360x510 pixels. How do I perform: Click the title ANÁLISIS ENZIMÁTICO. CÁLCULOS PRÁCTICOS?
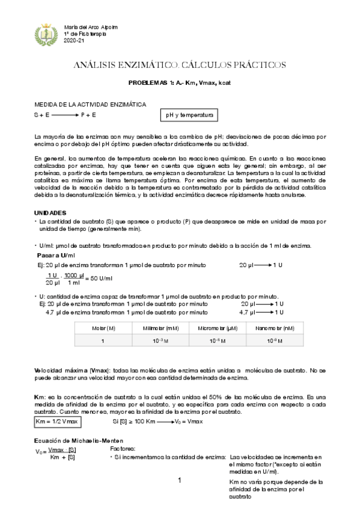pos(180,64)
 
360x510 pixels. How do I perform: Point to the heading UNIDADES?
pos(50,213)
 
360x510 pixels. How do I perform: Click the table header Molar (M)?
pos(103,328)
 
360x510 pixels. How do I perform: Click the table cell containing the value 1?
pos(103,341)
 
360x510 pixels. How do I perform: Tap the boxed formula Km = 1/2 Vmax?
pos(58,422)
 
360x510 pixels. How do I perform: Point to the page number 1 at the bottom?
pos(180,481)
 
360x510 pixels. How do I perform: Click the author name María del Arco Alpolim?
pos(91,27)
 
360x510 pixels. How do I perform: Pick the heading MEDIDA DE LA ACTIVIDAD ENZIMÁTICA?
pos(90,104)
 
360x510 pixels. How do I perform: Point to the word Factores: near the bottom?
pos(124,449)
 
